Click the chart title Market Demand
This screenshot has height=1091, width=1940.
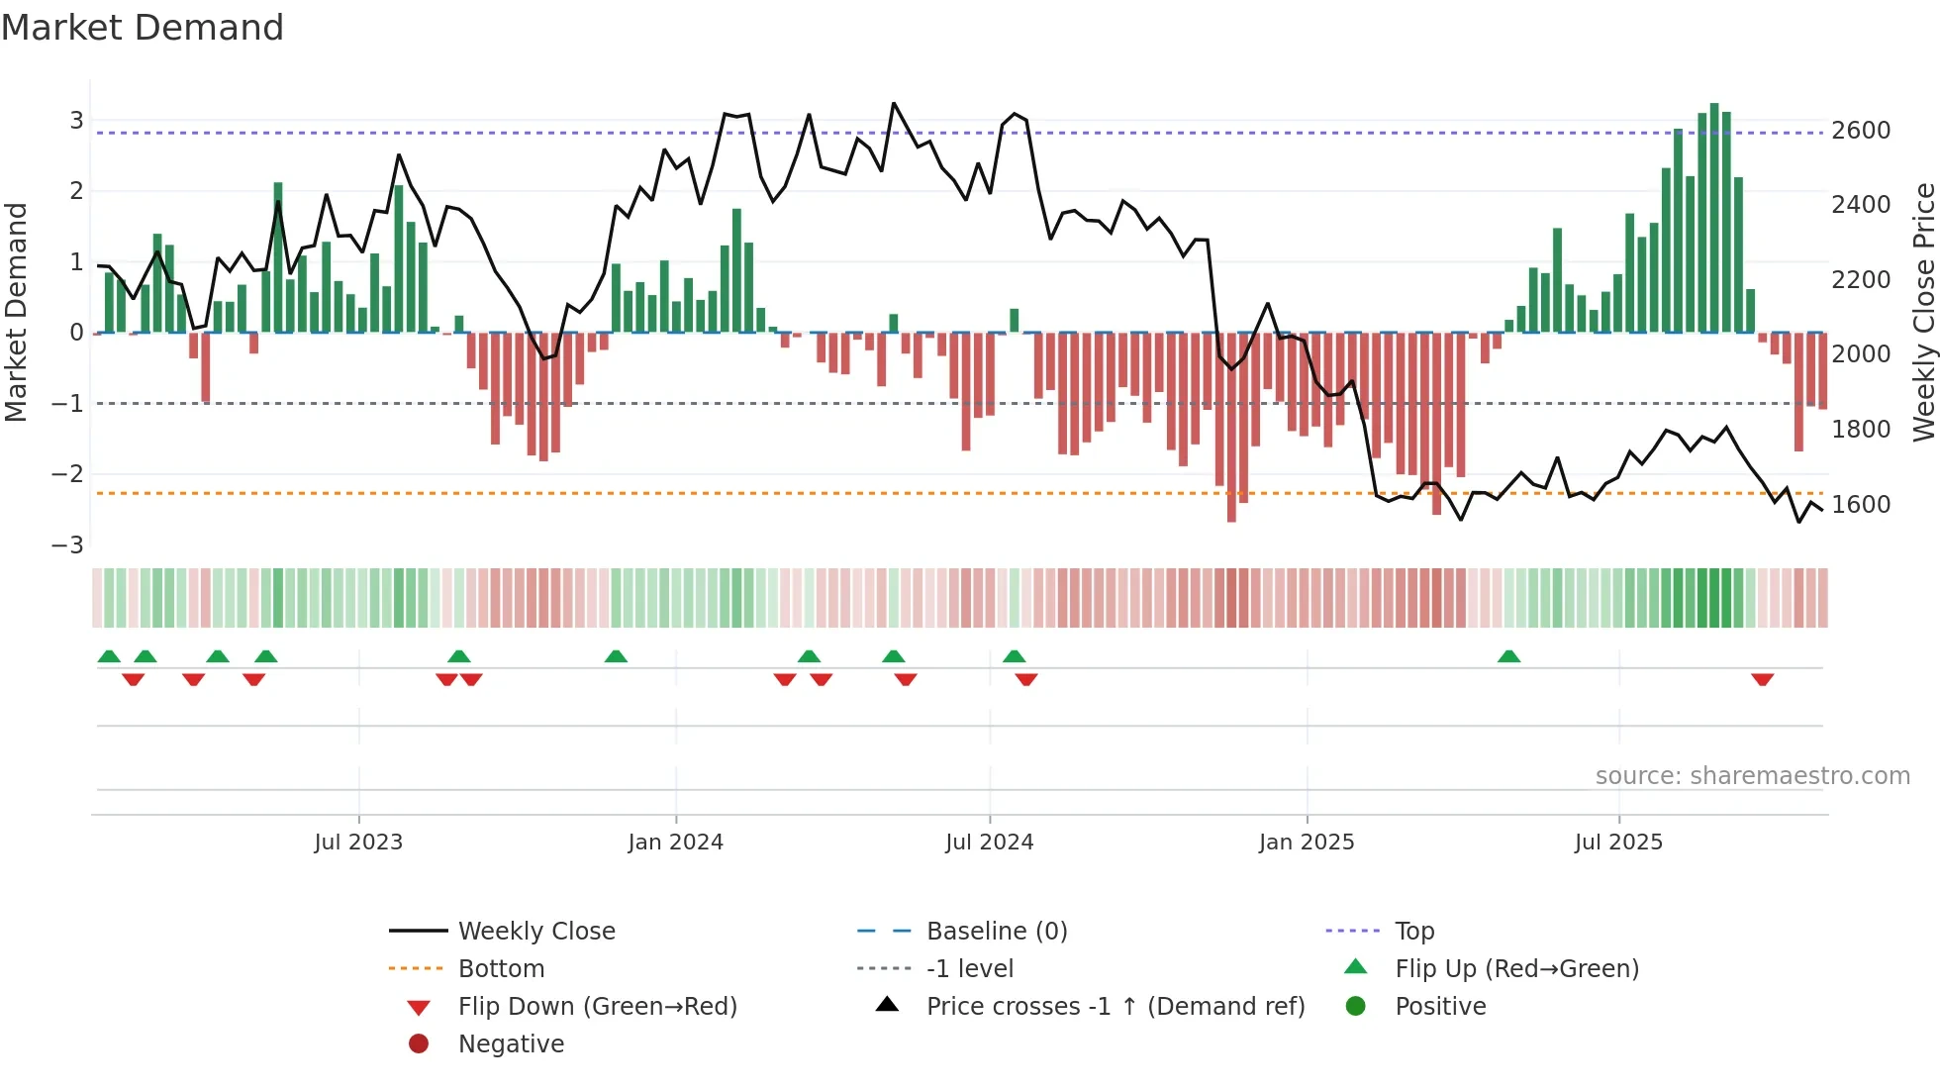pos(143,28)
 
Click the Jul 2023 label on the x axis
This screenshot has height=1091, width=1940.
pos(358,843)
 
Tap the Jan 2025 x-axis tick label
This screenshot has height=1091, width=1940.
pos(1306,843)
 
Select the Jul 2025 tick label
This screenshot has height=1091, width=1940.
pos(1618,843)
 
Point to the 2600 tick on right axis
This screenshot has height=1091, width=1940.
pos(1861,131)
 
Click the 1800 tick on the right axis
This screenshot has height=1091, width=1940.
pos(1861,430)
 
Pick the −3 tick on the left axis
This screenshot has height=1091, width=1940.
pos(67,545)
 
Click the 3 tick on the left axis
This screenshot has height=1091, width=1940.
pos(76,121)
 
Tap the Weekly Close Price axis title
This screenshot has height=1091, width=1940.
pos(1923,312)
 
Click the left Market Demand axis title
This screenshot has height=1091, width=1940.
pos(16,312)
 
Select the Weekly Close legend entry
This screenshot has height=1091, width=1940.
pos(535,932)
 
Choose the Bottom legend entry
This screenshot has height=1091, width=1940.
pos(501,969)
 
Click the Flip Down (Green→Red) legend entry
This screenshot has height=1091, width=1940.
pos(597,1007)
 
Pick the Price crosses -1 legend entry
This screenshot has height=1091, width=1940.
pos(1115,1007)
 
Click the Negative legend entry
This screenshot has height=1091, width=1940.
pos(511,1044)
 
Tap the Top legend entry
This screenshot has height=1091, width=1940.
pos(1413,932)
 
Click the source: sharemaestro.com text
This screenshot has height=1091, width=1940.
pos(1752,776)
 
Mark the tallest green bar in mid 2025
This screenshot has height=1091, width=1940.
pos(1713,218)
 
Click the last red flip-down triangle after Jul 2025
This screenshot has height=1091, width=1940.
pos(1762,679)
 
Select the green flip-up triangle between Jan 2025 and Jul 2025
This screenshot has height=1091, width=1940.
pos(1508,656)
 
